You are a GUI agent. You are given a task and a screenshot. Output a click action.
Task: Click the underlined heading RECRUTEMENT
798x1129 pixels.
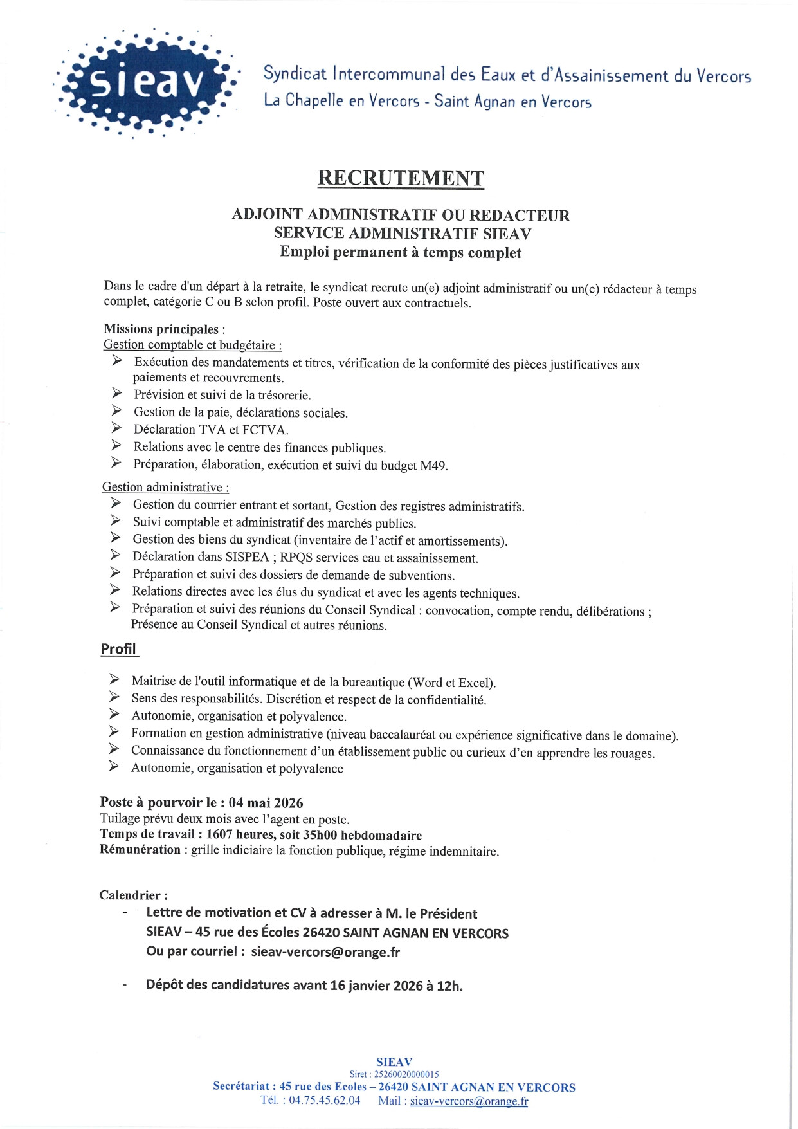click(401, 178)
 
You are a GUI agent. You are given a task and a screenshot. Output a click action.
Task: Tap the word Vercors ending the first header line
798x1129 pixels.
click(724, 76)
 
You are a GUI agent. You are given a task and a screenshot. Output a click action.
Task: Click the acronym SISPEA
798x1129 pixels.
click(247, 557)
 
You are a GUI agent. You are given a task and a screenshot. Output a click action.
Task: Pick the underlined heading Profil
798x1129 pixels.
click(118, 648)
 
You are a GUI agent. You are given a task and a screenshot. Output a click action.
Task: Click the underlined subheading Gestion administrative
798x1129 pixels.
click(165, 488)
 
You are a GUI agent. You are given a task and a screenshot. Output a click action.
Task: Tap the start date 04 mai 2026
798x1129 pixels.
click(266, 802)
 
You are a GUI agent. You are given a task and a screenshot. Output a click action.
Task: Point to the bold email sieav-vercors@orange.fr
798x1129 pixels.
click(325, 952)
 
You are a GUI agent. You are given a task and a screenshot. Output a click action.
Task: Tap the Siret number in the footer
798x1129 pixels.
click(406, 1074)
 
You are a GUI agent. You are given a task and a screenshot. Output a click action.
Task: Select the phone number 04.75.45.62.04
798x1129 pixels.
click(324, 1100)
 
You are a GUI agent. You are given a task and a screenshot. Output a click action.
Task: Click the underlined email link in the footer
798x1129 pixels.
click(469, 1101)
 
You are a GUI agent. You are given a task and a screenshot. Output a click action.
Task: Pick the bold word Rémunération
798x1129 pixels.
click(140, 850)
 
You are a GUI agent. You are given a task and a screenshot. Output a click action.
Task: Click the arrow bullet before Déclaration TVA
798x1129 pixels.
click(116, 428)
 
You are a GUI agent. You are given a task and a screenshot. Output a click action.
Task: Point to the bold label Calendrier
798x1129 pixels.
click(133, 895)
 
